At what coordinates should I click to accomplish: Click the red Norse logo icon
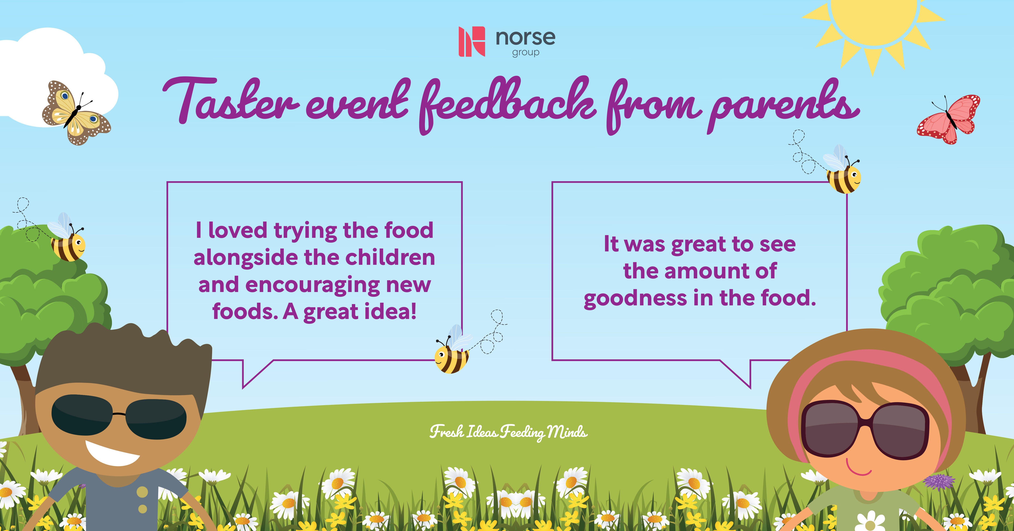click(472, 41)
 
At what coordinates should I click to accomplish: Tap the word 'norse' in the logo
click(525, 38)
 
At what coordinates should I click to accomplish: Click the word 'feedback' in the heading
click(508, 104)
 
